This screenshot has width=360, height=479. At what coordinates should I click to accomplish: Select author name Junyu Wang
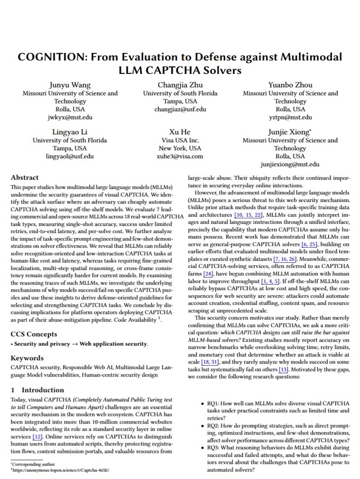coord(70,85)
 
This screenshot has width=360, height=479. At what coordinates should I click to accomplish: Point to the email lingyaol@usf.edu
coord(70,157)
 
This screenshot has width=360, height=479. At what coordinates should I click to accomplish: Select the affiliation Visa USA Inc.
coord(180,140)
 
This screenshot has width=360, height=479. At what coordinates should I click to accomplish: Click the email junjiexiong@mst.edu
coord(290,165)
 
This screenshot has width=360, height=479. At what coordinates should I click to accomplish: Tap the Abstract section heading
coord(24,178)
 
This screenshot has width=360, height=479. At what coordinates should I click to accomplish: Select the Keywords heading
coord(27,358)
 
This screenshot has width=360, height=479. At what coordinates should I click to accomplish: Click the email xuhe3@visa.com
coord(180,157)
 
